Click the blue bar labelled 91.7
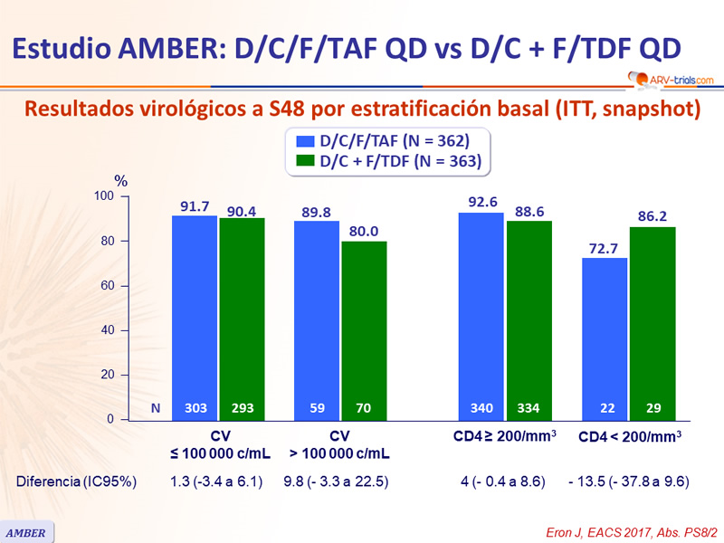(195, 317)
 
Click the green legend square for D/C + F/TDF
(303, 162)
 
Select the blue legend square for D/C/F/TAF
(303, 141)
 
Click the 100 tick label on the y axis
(110, 197)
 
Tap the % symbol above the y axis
(120, 181)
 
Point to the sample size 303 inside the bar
(195, 409)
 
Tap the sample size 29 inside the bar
(651, 409)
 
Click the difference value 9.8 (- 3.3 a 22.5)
(340, 481)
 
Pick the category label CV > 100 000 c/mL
(341, 445)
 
